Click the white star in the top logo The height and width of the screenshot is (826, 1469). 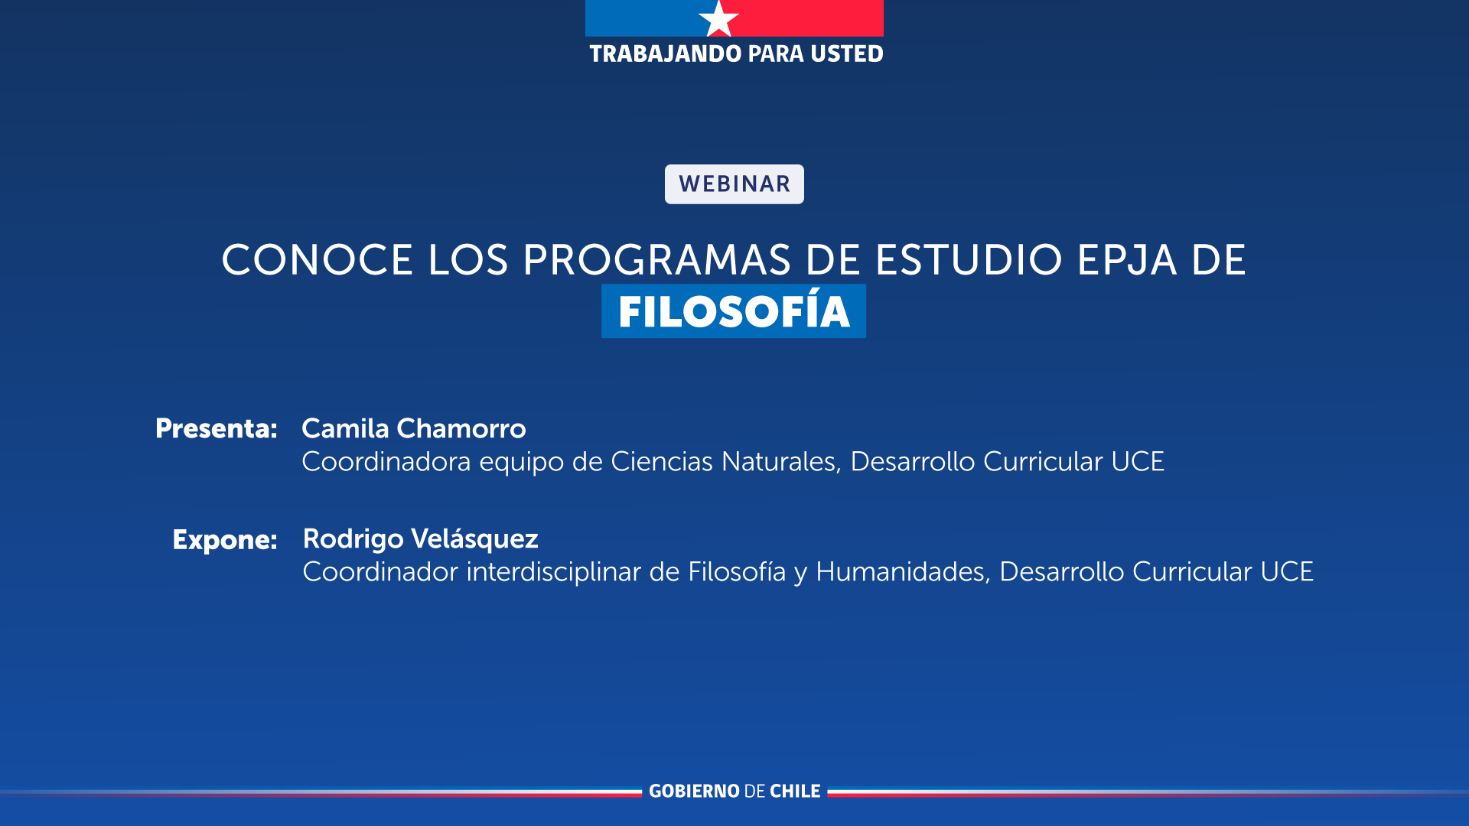[x=718, y=19]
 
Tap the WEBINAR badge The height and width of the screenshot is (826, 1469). [x=734, y=184]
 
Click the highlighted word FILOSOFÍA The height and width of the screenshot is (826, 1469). [x=734, y=311]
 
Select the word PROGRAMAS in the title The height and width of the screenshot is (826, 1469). [x=656, y=260]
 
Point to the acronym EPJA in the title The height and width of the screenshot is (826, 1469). [x=1127, y=260]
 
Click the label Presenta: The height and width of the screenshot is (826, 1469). [x=217, y=429]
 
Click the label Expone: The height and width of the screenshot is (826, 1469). [x=225, y=540]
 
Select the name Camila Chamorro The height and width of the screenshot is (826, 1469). [x=414, y=429]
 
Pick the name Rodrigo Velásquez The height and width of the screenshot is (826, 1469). [x=421, y=539]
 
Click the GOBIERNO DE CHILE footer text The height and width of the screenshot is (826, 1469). [x=734, y=792]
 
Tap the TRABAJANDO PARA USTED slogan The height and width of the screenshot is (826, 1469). [x=736, y=54]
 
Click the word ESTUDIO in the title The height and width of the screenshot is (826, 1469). [x=969, y=260]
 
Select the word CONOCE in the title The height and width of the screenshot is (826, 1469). [x=318, y=260]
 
